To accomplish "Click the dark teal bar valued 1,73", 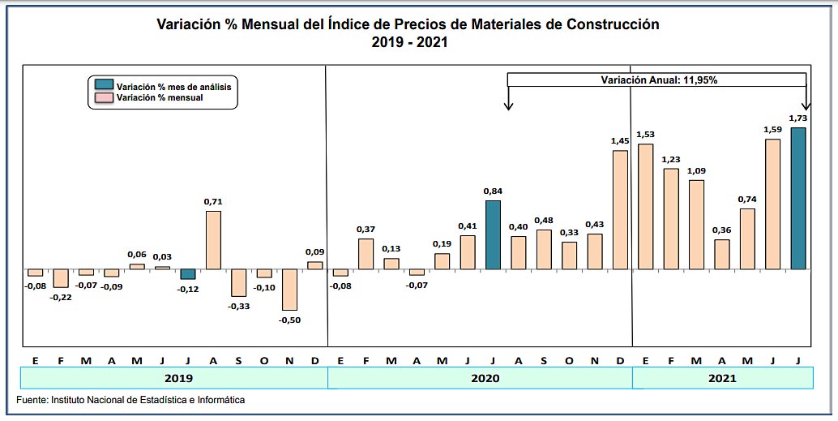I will pos(798,198).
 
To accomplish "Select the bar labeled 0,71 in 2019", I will pos(214,240).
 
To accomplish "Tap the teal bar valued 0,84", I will pos(494,234).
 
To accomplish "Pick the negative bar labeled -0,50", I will pos(289,290).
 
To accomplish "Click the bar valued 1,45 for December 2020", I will pos(620,209).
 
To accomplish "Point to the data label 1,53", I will pos(646,134).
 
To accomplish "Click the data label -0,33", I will pos(238,306).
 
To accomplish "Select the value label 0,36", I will pos(721,230).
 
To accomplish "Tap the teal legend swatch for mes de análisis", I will pos(104,85).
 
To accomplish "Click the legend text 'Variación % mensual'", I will pos(160,97).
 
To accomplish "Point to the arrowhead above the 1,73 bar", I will pos(806,107).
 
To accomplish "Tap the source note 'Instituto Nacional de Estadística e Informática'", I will pos(148,400).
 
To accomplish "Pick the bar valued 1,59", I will pos(772,204).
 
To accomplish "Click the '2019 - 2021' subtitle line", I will pos(409,41).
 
